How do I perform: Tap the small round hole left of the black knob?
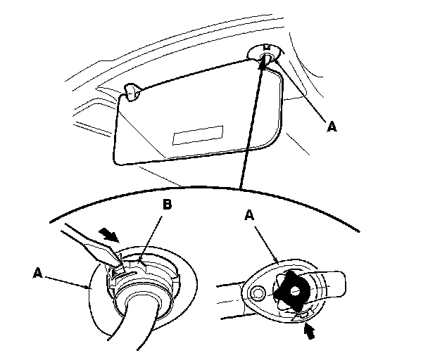click(x=258, y=292)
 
